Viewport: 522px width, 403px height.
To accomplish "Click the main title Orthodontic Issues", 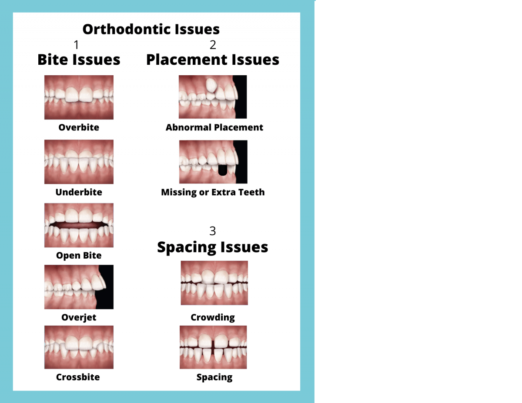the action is pyautogui.click(x=151, y=29).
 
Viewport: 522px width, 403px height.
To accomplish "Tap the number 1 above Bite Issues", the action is pyautogui.click(x=77, y=45).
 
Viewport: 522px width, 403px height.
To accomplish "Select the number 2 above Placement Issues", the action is pyautogui.click(x=213, y=45).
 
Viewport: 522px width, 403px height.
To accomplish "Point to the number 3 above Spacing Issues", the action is pyautogui.click(x=213, y=231).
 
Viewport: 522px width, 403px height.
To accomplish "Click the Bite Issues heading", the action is pyautogui.click(x=79, y=60).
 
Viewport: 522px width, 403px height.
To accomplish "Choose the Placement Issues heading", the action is pyautogui.click(x=213, y=60).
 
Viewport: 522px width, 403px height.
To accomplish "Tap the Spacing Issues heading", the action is pyautogui.click(x=213, y=247).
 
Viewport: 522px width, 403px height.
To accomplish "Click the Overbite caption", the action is pyautogui.click(x=79, y=127).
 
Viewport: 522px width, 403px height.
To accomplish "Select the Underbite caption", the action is pyautogui.click(x=79, y=192).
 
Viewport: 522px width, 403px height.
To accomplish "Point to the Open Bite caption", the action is pyautogui.click(x=79, y=256).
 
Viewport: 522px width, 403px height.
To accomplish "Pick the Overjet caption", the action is pyautogui.click(x=79, y=317).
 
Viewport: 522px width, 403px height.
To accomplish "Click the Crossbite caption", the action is pyautogui.click(x=78, y=377).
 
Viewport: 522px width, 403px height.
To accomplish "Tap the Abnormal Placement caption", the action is pyautogui.click(x=214, y=127).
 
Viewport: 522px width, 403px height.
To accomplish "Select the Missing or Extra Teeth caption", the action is pyautogui.click(x=213, y=192).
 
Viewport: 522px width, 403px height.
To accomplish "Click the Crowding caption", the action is pyautogui.click(x=213, y=317).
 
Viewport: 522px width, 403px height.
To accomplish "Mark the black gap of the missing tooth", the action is pyautogui.click(x=223, y=170).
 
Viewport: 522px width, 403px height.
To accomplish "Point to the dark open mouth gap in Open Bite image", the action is pyautogui.click(x=79, y=225).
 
